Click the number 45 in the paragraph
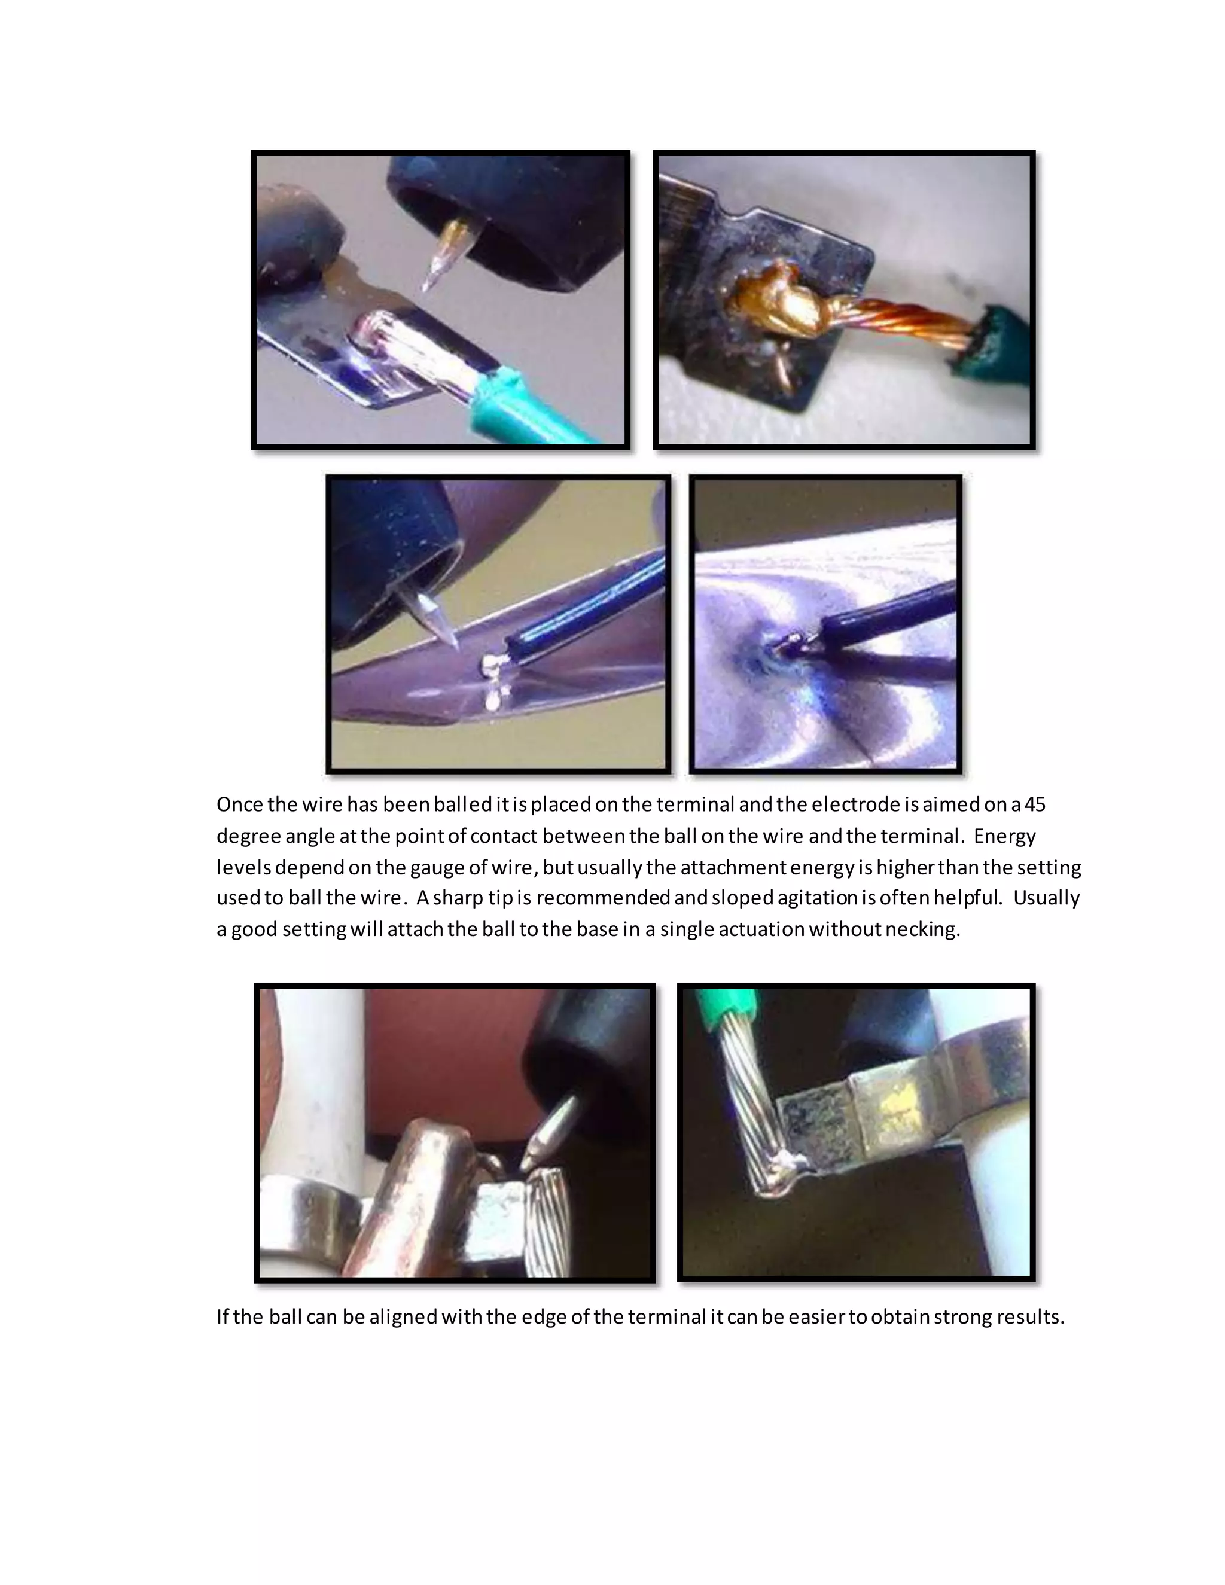(1034, 805)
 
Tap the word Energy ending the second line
(1004, 836)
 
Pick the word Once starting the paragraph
(239, 805)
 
